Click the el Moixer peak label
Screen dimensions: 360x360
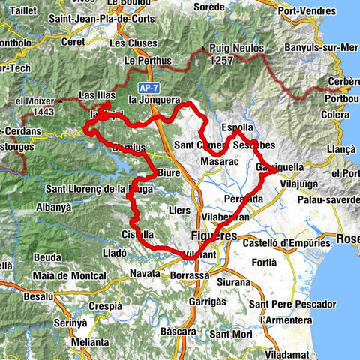click(34, 100)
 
